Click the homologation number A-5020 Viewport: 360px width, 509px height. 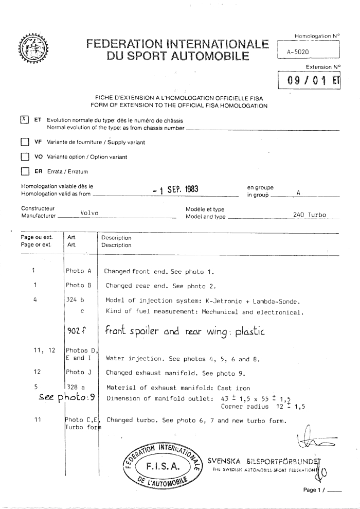(297, 52)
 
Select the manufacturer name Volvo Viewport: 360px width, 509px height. (90, 214)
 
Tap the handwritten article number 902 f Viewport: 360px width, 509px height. (78, 330)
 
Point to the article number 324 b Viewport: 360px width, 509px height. (75, 301)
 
